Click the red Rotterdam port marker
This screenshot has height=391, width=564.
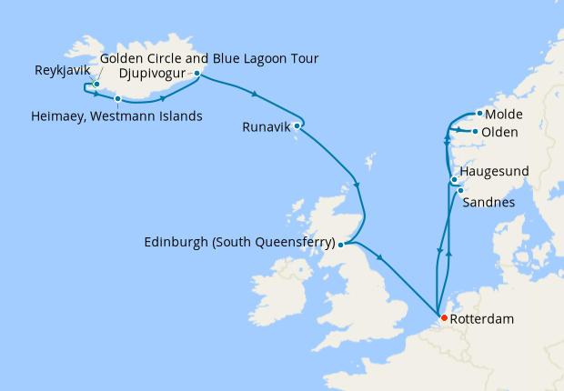(443, 317)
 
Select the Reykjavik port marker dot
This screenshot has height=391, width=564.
(96, 85)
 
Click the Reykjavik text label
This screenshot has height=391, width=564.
(62, 69)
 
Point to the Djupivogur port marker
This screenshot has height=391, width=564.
(197, 73)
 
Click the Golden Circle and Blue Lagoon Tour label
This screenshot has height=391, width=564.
(208, 59)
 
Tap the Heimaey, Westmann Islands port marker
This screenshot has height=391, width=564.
(117, 98)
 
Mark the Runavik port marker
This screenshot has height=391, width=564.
(297, 125)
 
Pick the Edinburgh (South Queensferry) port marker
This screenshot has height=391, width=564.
(341, 244)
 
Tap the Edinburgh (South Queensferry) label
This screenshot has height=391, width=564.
(239, 243)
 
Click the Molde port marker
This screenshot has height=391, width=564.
(478, 113)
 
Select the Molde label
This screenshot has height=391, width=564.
(503, 115)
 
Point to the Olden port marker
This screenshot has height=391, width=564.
(475, 132)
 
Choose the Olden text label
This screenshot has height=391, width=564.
(499, 133)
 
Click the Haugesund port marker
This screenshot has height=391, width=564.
(454, 180)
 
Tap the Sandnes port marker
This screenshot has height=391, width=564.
(460, 190)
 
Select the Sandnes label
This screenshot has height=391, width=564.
(487, 202)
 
